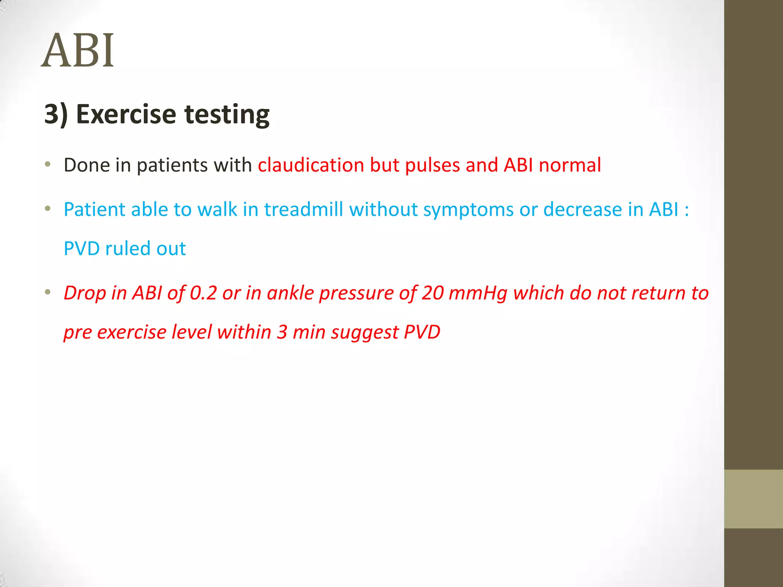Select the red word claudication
pyautogui.click(x=310, y=165)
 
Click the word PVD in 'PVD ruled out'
pyautogui.click(x=81, y=248)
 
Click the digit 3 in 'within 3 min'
pyautogui.click(x=282, y=332)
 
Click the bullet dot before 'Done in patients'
pyautogui.click(x=47, y=165)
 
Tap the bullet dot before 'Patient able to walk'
pyautogui.click(x=47, y=209)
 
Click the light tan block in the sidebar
pyautogui.click(x=753, y=499)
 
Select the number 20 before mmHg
pyautogui.click(x=432, y=293)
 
